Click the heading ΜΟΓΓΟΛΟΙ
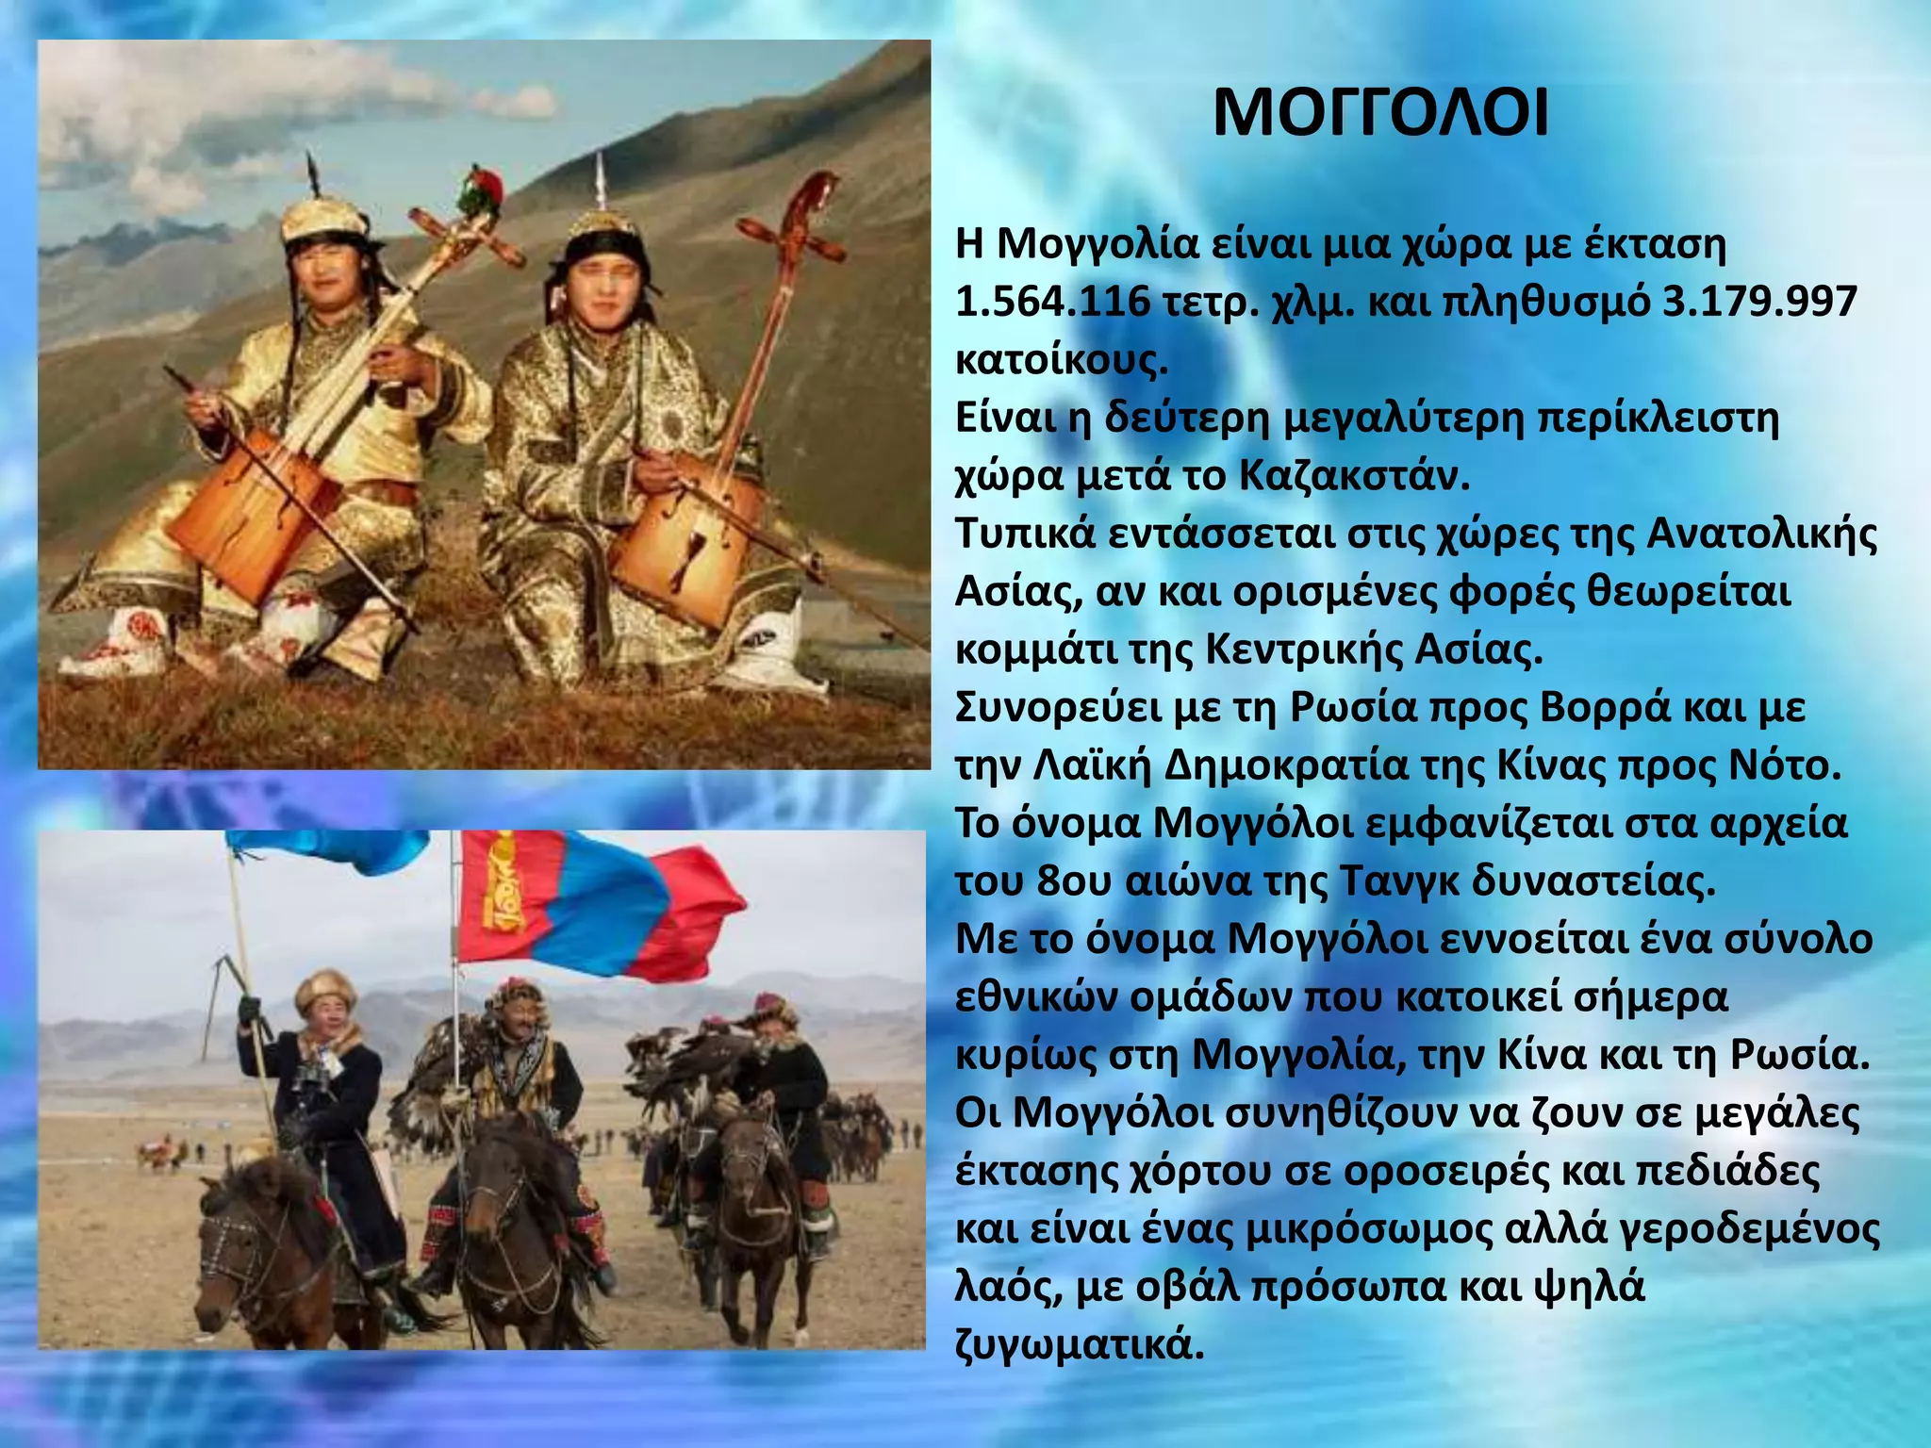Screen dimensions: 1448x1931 [1379, 115]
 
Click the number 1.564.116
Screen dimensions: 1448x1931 [1052, 303]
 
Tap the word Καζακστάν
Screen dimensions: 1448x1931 [1354, 476]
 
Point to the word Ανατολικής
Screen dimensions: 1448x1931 [1761, 535]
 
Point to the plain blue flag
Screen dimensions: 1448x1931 [330, 848]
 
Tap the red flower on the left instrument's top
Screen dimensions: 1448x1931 [481, 189]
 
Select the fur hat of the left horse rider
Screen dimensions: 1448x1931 [325, 990]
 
